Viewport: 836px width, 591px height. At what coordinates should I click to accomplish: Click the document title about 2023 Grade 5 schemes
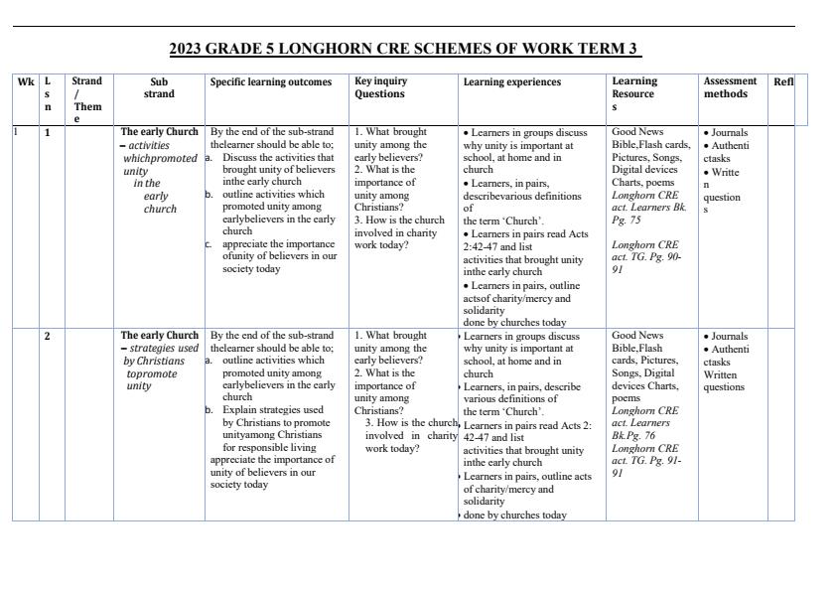[404, 49]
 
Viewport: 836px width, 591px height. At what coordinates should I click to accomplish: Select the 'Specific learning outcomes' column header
[271, 82]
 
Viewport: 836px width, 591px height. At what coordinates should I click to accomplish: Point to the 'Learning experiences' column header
[511, 82]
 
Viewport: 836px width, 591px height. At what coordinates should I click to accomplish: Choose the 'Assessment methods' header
[730, 87]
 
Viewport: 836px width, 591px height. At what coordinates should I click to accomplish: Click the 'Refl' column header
[783, 82]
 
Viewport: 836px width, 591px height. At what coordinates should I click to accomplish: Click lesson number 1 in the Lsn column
[48, 132]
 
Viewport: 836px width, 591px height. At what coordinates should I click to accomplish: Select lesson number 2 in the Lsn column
[48, 336]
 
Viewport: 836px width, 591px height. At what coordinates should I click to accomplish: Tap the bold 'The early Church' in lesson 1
[159, 131]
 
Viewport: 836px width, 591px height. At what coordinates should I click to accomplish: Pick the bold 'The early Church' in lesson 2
[159, 336]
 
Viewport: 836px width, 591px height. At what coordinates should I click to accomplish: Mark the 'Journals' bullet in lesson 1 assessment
[730, 132]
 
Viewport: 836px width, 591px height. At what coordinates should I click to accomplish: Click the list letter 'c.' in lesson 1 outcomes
[209, 243]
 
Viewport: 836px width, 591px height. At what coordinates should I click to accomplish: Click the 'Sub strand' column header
[159, 87]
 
